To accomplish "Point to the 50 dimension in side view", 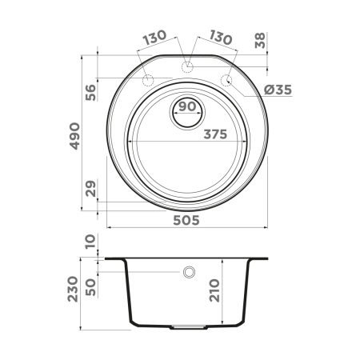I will (x=89, y=286).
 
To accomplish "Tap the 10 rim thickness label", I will (x=89, y=242).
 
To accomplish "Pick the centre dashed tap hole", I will (x=187, y=66).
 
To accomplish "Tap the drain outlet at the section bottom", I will (x=188, y=326).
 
